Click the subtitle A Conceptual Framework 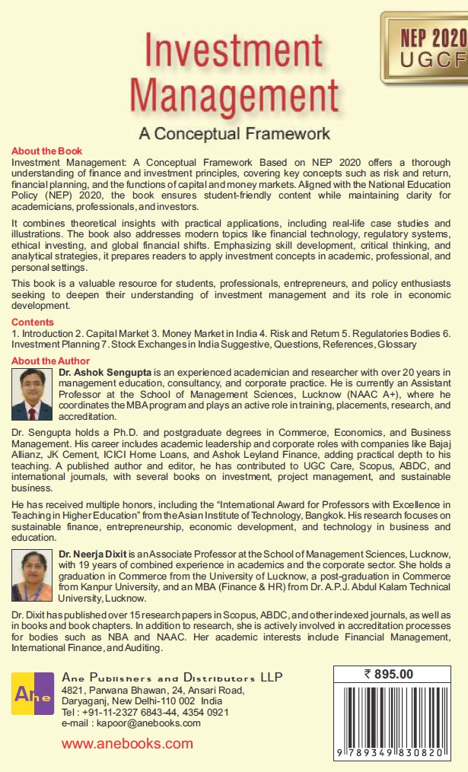click(x=234, y=134)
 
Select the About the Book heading click(x=47, y=151)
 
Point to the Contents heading click(x=33, y=322)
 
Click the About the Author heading click(x=51, y=361)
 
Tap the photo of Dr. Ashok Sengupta click(x=33, y=395)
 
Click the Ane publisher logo click(x=33, y=693)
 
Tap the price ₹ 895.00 click(x=388, y=673)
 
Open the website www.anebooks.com click(x=127, y=745)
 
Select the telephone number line click(x=145, y=712)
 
